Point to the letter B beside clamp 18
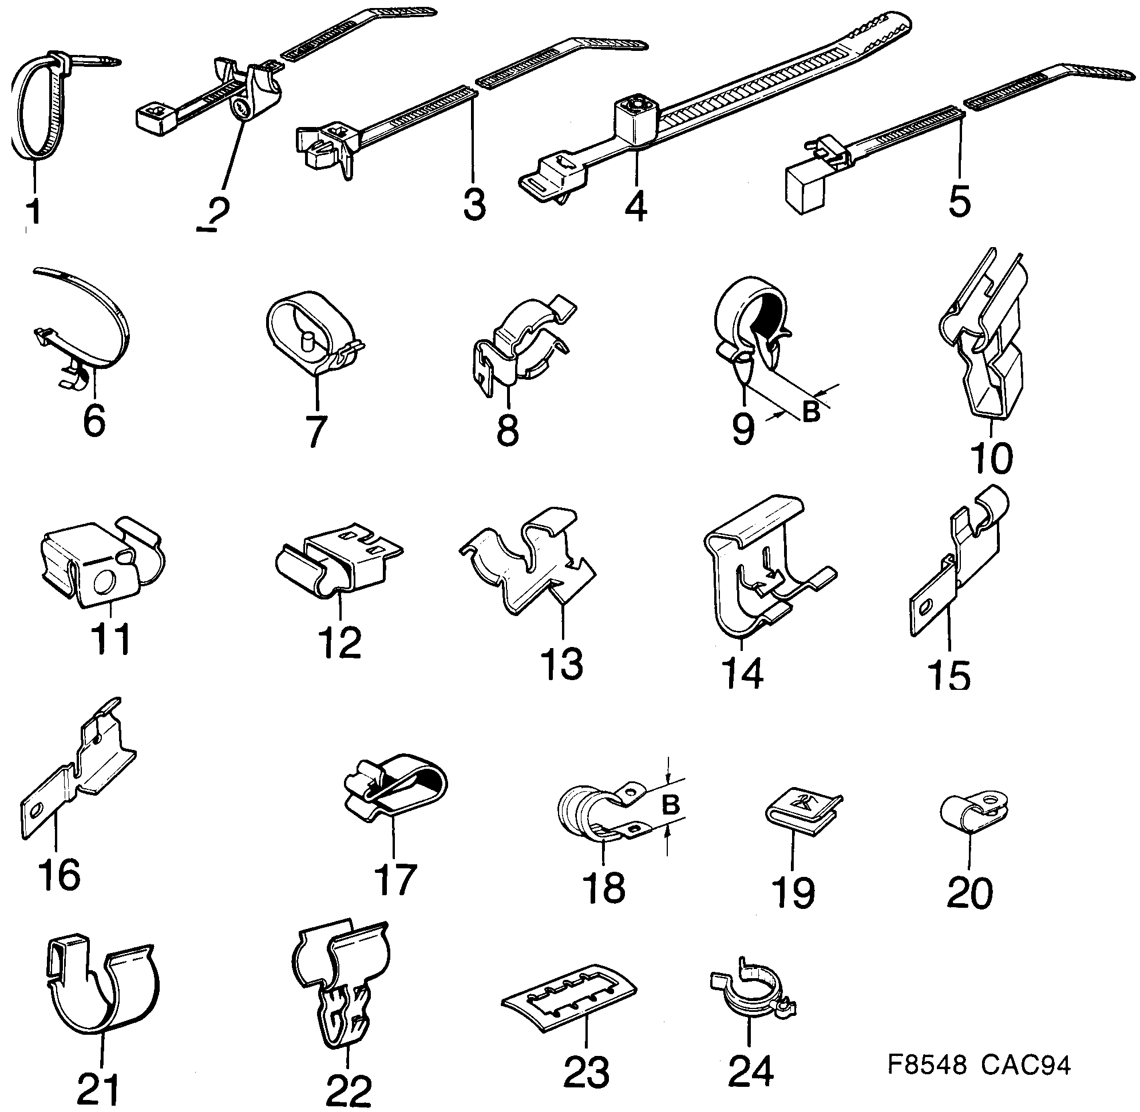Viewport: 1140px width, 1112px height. click(x=671, y=805)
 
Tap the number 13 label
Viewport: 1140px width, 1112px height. click(x=561, y=664)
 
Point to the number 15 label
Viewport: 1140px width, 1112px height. click(x=949, y=674)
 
